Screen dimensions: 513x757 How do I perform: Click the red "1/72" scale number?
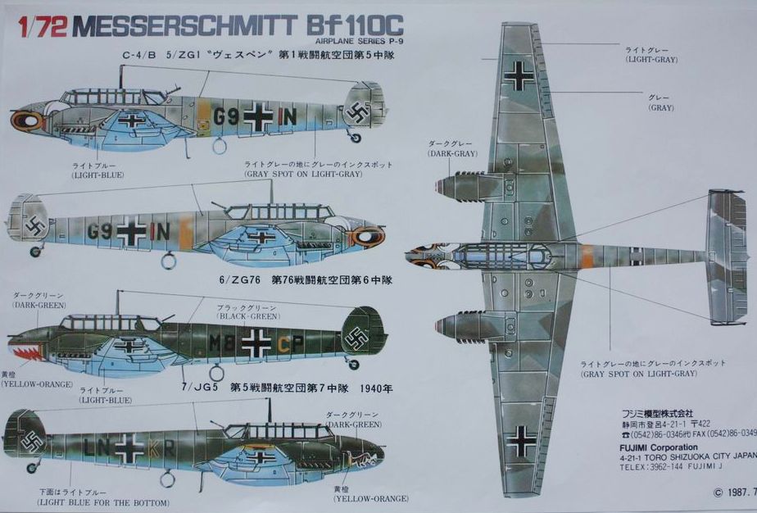click(x=35, y=27)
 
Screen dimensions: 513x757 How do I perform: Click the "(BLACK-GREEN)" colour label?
click(x=240, y=315)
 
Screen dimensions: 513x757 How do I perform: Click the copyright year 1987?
click(x=737, y=493)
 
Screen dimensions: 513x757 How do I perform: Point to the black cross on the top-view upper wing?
click(x=519, y=75)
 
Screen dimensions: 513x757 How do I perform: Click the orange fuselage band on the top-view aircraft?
click(x=587, y=256)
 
